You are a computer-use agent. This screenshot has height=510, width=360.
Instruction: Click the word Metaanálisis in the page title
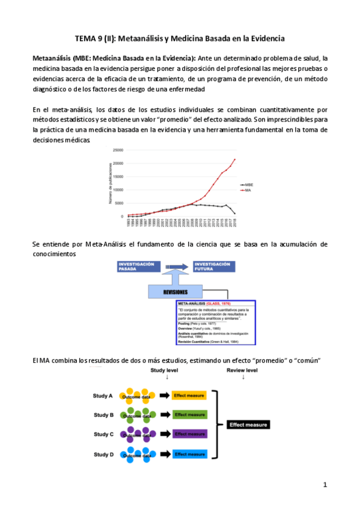[x=141, y=38]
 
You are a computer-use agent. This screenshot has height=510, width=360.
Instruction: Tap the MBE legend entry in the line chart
[x=248, y=185]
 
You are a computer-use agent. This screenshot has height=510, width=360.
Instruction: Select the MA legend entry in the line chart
[x=246, y=190]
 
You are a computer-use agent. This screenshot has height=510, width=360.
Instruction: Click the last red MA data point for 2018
[x=234, y=159]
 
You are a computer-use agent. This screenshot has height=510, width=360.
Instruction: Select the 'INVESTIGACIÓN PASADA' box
[x=139, y=267]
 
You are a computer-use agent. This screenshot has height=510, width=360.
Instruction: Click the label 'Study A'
[x=103, y=396]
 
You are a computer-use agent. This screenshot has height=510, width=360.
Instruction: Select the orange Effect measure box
[x=189, y=396]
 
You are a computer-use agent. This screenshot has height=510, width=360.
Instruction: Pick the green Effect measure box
[x=189, y=415]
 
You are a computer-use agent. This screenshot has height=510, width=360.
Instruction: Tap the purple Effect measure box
[x=189, y=434]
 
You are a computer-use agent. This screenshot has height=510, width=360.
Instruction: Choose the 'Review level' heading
[x=243, y=371]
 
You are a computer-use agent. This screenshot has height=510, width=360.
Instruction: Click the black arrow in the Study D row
[x=163, y=453]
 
